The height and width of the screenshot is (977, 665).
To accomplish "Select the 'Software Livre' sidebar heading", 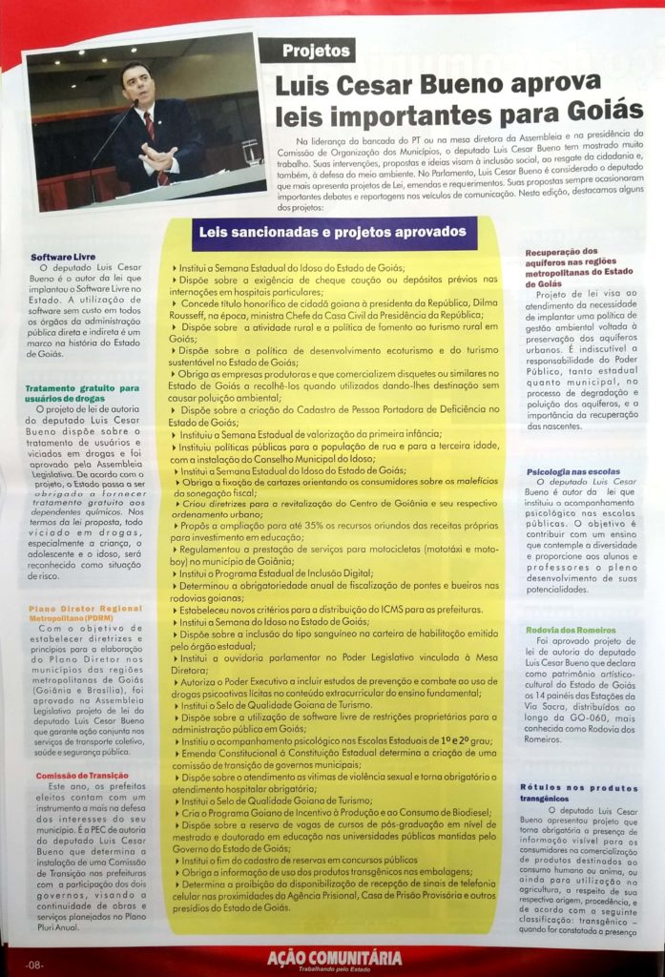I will pyautogui.click(x=62, y=257).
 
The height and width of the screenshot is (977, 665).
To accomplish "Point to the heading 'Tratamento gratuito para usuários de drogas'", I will pyautogui.click(x=81, y=393).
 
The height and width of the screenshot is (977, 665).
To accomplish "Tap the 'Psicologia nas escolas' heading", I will pyautogui.click(x=570, y=471).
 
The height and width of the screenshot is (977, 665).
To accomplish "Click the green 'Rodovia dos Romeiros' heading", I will pyautogui.click(x=570, y=630).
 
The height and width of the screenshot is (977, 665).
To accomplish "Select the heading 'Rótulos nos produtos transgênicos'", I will pyautogui.click(x=579, y=793).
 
